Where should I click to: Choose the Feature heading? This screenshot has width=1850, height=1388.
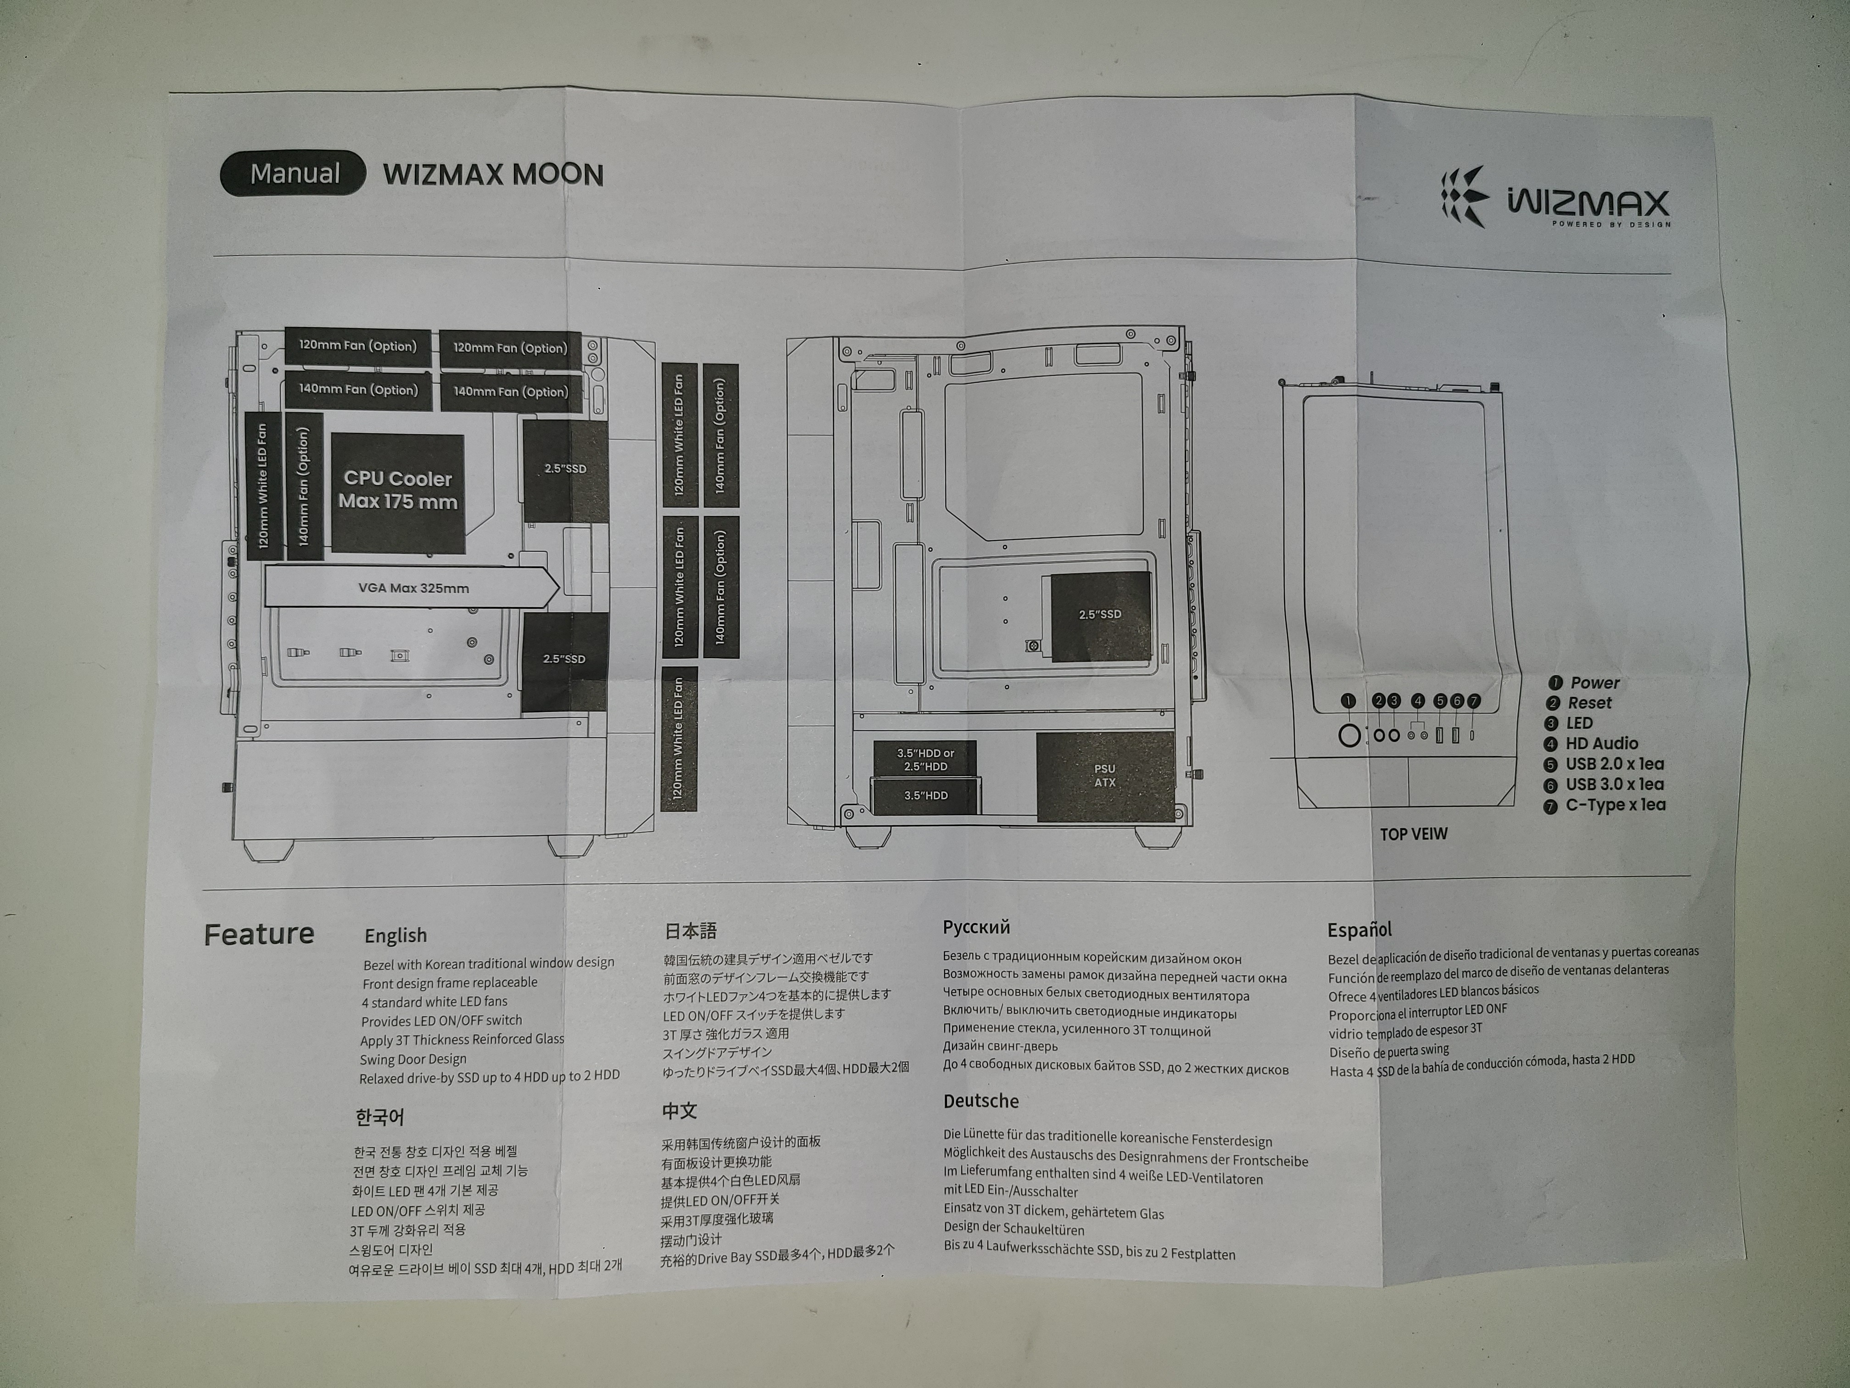[x=259, y=934]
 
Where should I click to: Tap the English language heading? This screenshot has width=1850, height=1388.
[x=396, y=935]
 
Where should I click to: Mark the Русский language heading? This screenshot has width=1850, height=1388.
[x=976, y=927]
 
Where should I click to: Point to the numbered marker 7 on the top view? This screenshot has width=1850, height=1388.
[x=1474, y=701]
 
